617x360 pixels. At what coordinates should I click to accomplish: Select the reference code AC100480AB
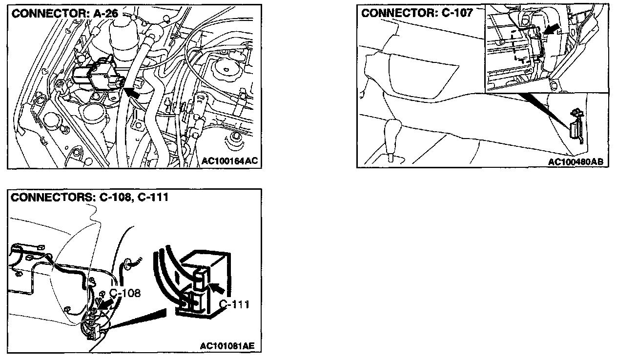(578, 161)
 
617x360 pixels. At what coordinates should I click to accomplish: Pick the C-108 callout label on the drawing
(124, 293)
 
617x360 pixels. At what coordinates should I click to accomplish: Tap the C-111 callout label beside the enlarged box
(234, 305)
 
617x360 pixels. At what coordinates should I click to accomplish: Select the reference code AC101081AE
(227, 346)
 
